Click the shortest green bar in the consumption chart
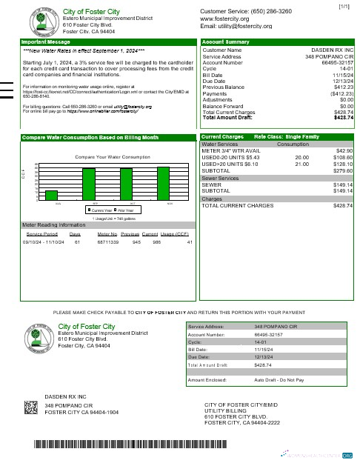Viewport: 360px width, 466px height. click(51, 195)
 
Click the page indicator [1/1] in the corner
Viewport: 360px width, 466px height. click(344, 7)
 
